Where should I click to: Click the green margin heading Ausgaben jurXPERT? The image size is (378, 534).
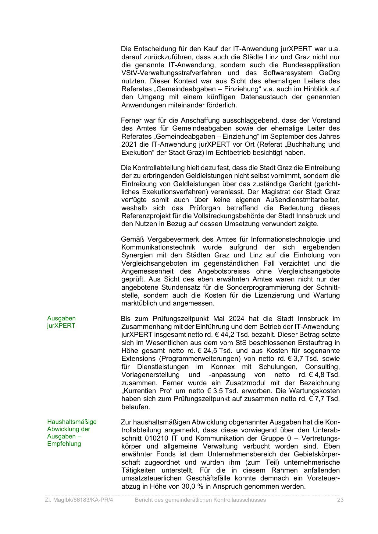(x=61, y=322)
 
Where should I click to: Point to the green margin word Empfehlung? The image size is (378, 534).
(x=64, y=444)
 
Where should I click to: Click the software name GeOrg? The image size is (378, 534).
(x=329, y=73)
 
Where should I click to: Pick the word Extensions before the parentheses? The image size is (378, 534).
(x=138, y=359)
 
